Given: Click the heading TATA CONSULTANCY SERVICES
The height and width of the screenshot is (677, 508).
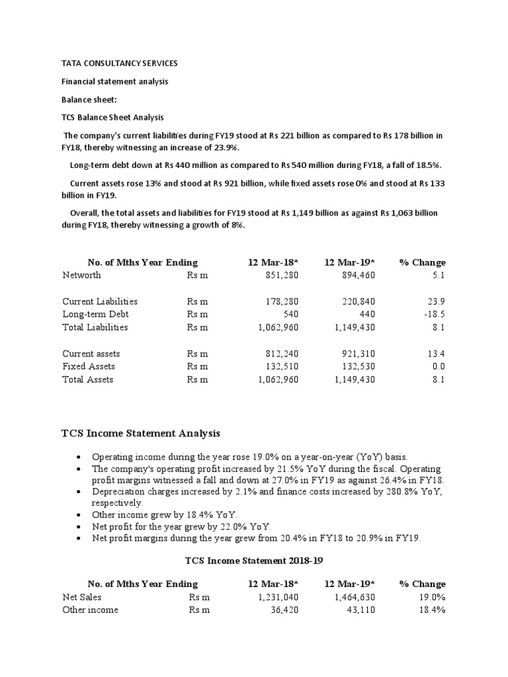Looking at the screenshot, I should point(120,63).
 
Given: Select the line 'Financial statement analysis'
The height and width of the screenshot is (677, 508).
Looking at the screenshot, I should point(114,82).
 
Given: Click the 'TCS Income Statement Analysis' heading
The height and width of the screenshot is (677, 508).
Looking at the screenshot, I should point(141,433).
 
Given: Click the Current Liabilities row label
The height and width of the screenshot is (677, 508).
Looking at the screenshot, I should point(100,301).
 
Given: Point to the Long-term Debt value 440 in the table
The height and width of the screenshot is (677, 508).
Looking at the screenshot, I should point(367,314).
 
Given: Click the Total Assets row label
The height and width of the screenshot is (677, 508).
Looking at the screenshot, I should point(88,379).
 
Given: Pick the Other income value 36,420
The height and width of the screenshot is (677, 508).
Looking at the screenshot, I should point(286,610).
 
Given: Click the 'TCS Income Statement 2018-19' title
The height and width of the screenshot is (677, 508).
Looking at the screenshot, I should point(253,561).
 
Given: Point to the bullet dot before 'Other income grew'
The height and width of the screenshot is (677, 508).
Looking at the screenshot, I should point(79,514).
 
